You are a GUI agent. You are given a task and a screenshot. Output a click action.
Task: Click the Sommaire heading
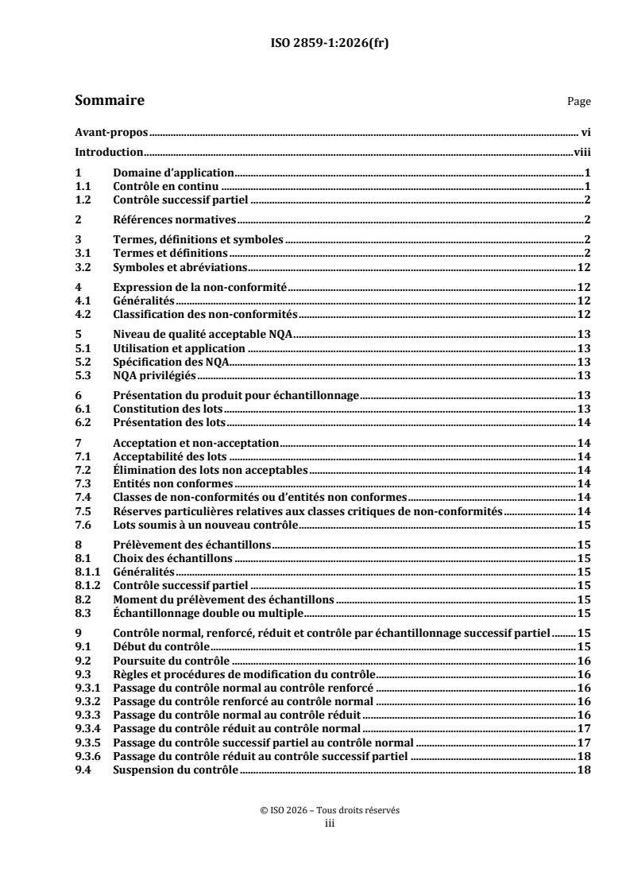[x=109, y=101]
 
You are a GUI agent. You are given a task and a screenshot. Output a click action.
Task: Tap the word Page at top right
[x=578, y=103]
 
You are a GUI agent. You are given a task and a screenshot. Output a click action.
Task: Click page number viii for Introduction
[x=581, y=152]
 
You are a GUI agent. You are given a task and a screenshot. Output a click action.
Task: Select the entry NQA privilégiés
[x=157, y=375]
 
